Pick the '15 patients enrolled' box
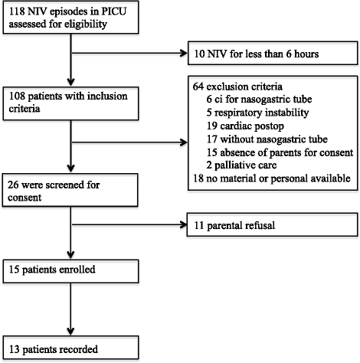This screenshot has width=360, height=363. pyautogui.click(x=70, y=271)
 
